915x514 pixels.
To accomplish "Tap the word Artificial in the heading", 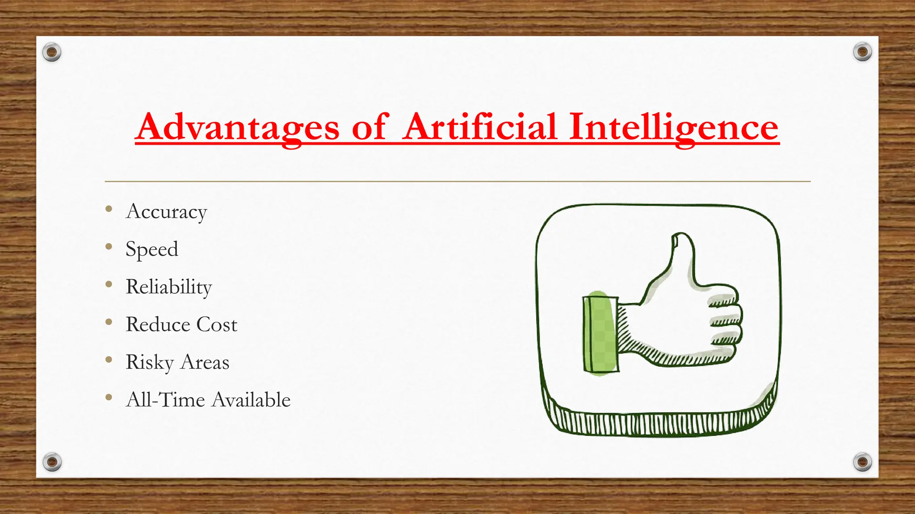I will click(x=480, y=127).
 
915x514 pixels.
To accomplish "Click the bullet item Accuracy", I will click(x=167, y=211).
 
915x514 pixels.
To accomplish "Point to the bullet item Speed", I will click(x=152, y=249).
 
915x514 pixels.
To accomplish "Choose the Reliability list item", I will click(x=169, y=286).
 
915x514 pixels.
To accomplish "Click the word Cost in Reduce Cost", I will click(x=217, y=324).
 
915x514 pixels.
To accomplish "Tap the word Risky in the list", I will click(x=150, y=362).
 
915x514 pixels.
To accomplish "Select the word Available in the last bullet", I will click(x=251, y=400).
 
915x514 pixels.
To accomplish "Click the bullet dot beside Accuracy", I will click(x=109, y=209).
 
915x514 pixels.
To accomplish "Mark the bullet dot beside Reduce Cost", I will click(x=109, y=322).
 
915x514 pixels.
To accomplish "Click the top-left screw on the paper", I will click(x=52, y=53).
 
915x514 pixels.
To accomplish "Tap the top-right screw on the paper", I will click(x=862, y=52).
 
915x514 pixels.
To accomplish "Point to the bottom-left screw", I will click(x=52, y=462).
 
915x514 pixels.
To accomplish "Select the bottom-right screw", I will click(x=862, y=462).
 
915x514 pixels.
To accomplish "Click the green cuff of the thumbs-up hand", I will click(x=600, y=334).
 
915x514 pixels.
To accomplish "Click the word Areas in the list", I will click(x=205, y=362).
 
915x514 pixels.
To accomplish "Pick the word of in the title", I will click(x=369, y=128).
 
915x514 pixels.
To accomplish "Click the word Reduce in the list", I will click(x=158, y=324).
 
